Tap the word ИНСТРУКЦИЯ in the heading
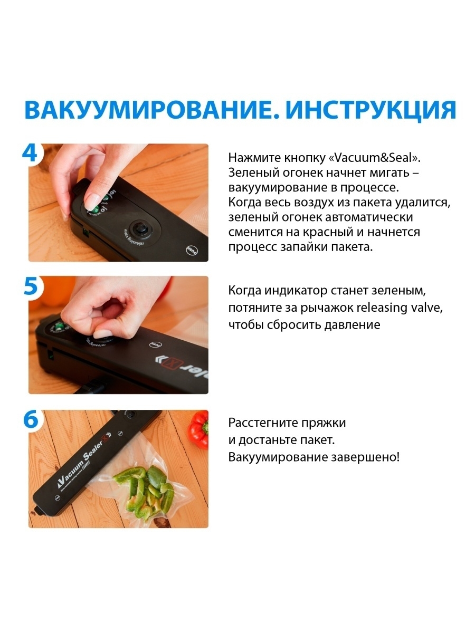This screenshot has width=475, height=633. point(371,110)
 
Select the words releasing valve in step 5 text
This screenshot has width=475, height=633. point(400,308)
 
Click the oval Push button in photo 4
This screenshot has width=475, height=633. point(192,250)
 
